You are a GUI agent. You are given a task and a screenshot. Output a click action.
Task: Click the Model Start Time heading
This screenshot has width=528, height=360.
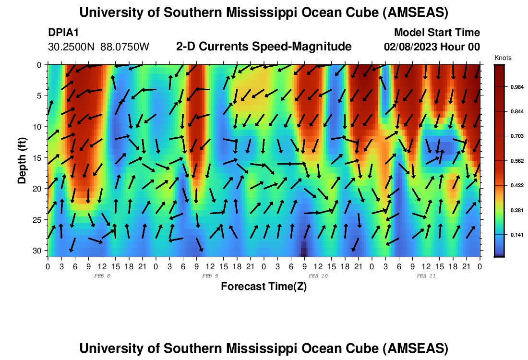click(436, 33)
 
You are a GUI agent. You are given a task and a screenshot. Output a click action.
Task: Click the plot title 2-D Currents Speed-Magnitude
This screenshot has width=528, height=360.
click(264, 47)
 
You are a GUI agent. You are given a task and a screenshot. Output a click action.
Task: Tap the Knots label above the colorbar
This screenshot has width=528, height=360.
click(503, 58)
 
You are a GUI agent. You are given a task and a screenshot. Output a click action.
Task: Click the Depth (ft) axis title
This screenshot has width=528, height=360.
click(22, 158)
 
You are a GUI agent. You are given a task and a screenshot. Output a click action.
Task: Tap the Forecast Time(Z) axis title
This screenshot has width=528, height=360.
click(264, 287)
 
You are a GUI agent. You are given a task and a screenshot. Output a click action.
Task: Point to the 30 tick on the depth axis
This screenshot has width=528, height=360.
click(39, 251)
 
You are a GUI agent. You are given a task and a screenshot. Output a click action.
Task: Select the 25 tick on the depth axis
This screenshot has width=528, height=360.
click(39, 220)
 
